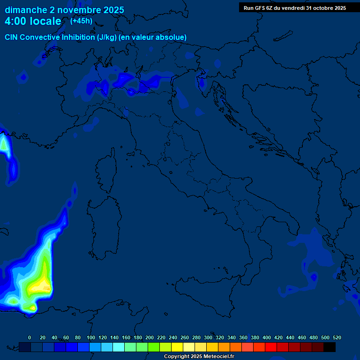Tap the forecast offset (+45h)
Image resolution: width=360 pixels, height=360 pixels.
pyautogui.click(x=81, y=21)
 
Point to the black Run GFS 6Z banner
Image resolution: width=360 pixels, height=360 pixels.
pyautogui.click(x=294, y=7)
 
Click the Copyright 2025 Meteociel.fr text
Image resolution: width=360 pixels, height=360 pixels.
pyautogui.click(x=199, y=357)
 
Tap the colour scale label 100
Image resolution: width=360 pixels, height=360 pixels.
pyautogui.click(x=91, y=337)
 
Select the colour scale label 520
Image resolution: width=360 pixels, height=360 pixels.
pyautogui.click(x=336, y=337)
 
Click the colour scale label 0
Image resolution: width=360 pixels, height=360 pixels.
pyautogui.click(x=30, y=337)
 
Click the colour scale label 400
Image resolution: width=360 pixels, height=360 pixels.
pyautogui.click(x=266, y=337)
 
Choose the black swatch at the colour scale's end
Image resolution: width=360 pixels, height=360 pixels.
pyautogui.click(x=330, y=347)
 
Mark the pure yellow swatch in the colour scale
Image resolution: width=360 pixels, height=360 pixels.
pyautogui.click(x=177, y=347)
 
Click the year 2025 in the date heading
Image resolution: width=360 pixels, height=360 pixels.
pyautogui.click(x=111, y=10)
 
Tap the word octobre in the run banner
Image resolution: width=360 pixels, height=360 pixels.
pyautogui.click(x=320, y=7)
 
